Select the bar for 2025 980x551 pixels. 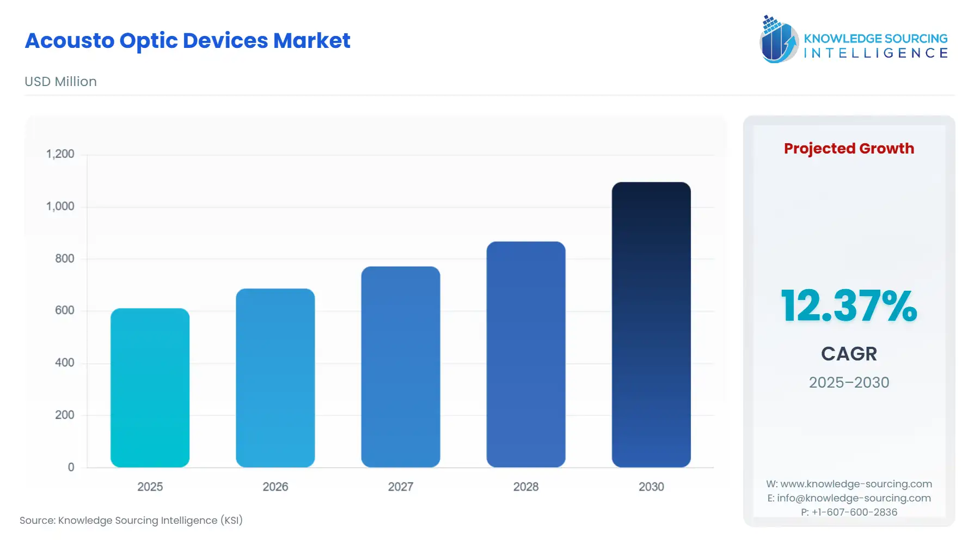pyautogui.click(x=150, y=388)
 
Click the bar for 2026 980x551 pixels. pyautogui.click(x=275, y=378)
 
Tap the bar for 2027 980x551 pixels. pyautogui.click(x=400, y=366)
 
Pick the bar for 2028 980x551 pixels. pyautogui.click(x=525, y=354)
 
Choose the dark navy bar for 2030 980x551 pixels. pyautogui.click(x=651, y=325)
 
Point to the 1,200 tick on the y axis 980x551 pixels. pyautogui.click(x=60, y=154)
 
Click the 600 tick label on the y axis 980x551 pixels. pyautogui.click(x=64, y=310)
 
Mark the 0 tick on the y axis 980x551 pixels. pyautogui.click(x=71, y=467)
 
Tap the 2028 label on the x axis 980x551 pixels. pyautogui.click(x=525, y=487)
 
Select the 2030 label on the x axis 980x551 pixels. pyautogui.click(x=651, y=487)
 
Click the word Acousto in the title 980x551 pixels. pyautogui.click(x=69, y=41)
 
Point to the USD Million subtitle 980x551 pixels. pyautogui.click(x=60, y=82)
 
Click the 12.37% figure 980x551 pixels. pyautogui.click(x=848, y=306)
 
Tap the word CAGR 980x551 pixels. pyautogui.click(x=848, y=354)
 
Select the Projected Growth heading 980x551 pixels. pyautogui.click(x=848, y=149)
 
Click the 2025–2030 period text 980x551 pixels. pyautogui.click(x=848, y=382)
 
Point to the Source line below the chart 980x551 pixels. pyautogui.click(x=131, y=521)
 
